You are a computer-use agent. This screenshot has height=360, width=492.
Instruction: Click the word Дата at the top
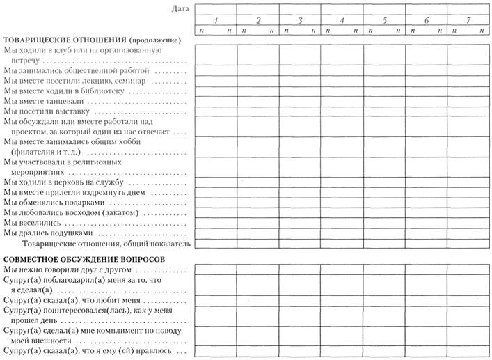(179, 8)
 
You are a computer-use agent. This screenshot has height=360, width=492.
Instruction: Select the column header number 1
(216, 21)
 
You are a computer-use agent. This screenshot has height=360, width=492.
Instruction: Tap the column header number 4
(342, 21)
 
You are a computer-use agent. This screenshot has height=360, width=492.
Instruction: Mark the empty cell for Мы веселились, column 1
(216, 223)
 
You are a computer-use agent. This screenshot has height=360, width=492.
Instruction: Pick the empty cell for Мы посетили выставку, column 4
(342, 111)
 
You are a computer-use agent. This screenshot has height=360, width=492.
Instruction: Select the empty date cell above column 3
(300, 9)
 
